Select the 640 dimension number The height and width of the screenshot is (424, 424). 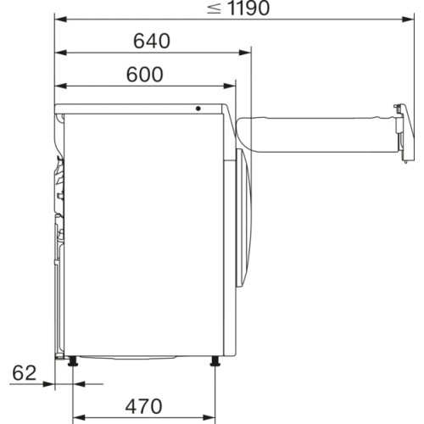tap(152, 41)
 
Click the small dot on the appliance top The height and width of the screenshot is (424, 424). tap(198, 109)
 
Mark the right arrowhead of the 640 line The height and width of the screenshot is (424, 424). tap(248, 53)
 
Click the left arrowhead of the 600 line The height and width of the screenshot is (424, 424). tap(61, 86)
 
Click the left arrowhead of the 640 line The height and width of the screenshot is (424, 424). tap(61, 53)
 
